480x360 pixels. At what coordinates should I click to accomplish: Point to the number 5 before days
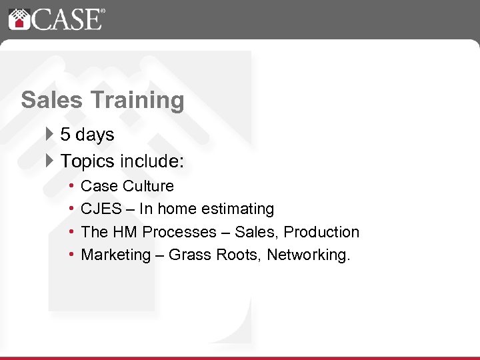click(65, 135)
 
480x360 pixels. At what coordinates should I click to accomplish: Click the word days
click(95, 135)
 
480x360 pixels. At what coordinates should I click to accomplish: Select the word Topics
click(88, 161)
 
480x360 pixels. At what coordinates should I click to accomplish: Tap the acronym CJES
click(101, 209)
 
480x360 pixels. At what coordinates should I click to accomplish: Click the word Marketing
click(116, 255)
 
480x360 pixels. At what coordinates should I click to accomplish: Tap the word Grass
click(190, 255)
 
